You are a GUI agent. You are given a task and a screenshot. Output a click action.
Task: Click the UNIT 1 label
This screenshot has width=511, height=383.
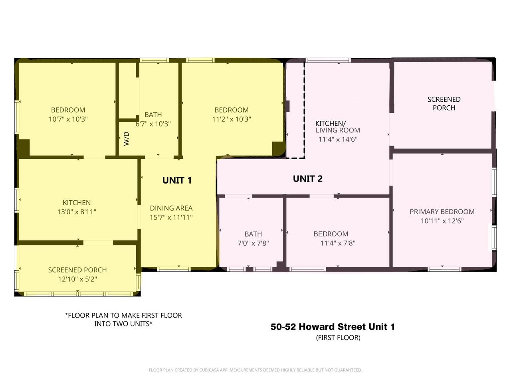pos(177,180)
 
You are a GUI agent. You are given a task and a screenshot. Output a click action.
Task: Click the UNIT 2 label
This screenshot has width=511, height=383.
pos(307,179)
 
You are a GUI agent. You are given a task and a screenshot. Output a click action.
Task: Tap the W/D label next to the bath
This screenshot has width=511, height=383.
pos(127,138)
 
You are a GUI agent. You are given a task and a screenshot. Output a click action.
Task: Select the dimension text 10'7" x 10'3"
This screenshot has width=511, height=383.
pos(68,119)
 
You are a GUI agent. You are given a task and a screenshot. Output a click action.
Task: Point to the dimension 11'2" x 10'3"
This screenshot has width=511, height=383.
pos(231,119)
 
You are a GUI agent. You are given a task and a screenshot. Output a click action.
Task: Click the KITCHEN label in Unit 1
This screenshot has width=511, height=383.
pos(77,203)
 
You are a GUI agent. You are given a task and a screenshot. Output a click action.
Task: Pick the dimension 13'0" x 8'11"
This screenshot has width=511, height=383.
pos(77,212)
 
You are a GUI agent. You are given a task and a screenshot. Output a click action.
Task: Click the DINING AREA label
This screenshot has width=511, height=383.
pos(171,208)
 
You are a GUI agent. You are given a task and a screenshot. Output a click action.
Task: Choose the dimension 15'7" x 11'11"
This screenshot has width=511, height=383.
pos(171,217)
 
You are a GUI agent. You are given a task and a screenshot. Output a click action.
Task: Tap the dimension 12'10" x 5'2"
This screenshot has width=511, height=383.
pos(77,279)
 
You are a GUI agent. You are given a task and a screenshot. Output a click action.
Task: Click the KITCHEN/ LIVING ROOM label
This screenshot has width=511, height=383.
pos(337,127)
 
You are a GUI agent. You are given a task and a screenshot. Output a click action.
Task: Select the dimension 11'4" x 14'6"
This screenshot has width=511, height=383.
pos(338,140)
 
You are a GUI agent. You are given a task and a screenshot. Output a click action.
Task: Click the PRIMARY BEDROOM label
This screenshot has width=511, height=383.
pos(442,212)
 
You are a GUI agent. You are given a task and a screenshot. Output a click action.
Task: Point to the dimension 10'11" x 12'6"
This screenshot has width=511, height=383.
pos(442,221)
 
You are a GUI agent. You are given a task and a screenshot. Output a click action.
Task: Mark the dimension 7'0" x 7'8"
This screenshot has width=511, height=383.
pos(253,243)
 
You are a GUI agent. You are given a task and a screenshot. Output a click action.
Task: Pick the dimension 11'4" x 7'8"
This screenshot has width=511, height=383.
pos(337,243)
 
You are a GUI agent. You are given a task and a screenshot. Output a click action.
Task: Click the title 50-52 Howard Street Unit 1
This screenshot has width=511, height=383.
pos(333,327)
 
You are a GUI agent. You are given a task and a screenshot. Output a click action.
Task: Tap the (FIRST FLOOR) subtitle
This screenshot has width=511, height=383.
pos(338,338)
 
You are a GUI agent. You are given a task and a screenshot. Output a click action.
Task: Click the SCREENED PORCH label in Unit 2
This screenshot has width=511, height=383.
pos(444,104)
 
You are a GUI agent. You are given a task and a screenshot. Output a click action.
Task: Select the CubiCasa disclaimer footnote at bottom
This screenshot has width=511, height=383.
pos(255,370)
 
